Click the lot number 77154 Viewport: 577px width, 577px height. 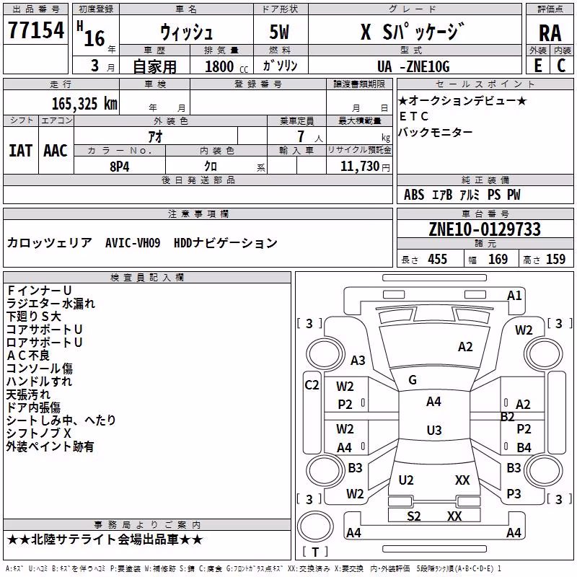36,30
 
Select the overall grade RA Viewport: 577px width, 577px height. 550,33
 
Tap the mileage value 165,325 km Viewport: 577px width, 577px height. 84,104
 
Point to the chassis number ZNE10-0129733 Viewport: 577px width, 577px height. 485,229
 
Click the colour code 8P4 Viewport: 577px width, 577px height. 120,167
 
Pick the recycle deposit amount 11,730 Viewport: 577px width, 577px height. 359,167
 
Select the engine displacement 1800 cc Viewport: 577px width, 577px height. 226,66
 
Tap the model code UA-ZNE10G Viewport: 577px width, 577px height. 413,66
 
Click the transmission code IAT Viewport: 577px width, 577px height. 20,151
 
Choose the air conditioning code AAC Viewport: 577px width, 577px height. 56,151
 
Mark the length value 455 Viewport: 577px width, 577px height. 437,260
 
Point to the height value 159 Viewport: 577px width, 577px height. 555,260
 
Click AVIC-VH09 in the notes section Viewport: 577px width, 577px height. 133,243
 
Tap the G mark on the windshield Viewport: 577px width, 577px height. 413,380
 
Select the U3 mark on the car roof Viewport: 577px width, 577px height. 434,430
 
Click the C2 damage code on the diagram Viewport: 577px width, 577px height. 312,385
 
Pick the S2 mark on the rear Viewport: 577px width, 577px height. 413,516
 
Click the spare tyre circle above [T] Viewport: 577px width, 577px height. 315,527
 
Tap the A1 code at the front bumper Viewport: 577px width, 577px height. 514,296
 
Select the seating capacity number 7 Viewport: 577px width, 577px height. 301,136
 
